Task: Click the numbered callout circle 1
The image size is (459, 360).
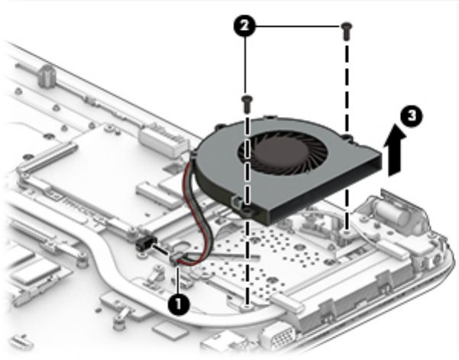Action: pyautogui.click(x=179, y=305)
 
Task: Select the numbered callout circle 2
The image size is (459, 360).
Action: pyautogui.click(x=244, y=26)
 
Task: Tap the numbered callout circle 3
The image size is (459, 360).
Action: pyautogui.click(x=412, y=115)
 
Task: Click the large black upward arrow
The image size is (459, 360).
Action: pyautogui.click(x=395, y=150)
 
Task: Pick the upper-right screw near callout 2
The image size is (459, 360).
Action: pyautogui.click(x=346, y=31)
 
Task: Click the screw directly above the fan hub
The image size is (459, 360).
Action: pyautogui.click(x=247, y=104)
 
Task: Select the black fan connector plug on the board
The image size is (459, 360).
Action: pyautogui.click(x=144, y=244)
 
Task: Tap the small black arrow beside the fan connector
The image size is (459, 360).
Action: pyautogui.click(x=160, y=250)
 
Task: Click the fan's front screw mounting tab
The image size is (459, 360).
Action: pyautogui.click(x=247, y=211)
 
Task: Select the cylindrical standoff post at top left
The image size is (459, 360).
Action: pyautogui.click(x=47, y=76)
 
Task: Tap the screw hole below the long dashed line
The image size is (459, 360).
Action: pyautogui.click(x=247, y=306)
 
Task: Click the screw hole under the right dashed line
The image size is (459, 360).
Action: pyautogui.click(x=347, y=232)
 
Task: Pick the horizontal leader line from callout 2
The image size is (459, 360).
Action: pyautogui.click(x=299, y=27)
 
